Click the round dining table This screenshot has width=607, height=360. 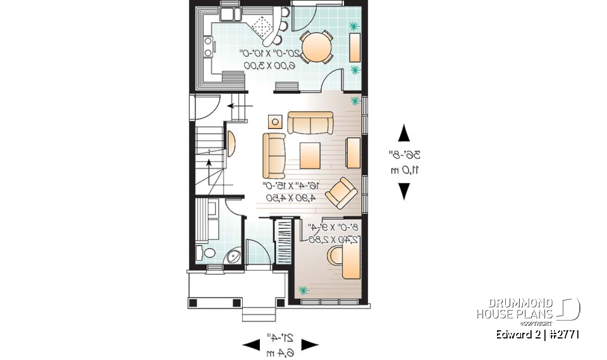pos(314,46)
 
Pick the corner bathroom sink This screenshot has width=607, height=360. pos(233,256)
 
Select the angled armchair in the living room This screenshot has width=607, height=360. pos(341,191)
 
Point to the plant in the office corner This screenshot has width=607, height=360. pos(304,290)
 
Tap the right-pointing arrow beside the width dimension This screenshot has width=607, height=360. pos(309,345)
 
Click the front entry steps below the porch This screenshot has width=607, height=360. pos(259,313)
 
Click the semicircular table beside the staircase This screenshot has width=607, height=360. pos(230,142)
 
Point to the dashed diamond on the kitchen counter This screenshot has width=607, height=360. pos(259,25)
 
